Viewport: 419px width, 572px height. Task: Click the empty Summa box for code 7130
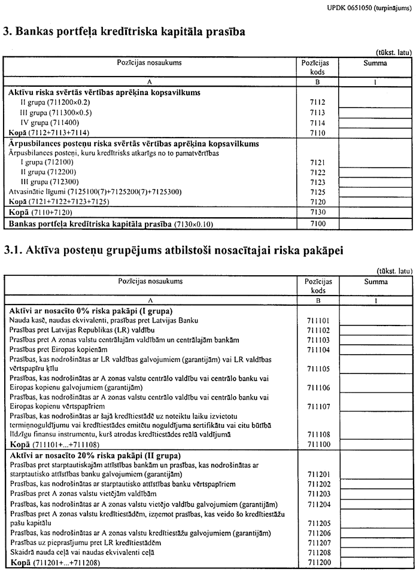pyautogui.click(x=375, y=212)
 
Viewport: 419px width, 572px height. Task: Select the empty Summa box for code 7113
pyautogui.click(x=375, y=112)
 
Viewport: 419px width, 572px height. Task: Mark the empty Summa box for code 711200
pyautogui.click(x=375, y=563)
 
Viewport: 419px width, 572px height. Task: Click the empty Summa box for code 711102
pyautogui.click(x=375, y=330)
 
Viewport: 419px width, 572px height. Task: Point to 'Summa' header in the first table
pyautogui.click(x=375, y=63)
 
